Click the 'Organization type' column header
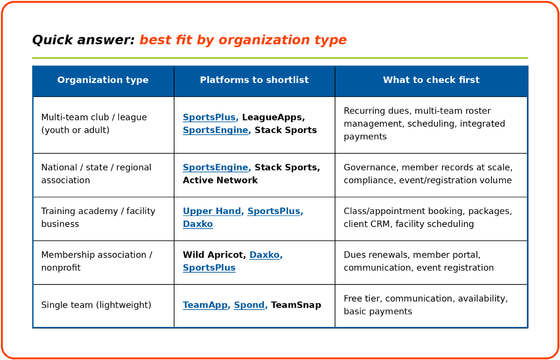pyautogui.click(x=103, y=80)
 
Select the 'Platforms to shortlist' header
pyautogui.click(x=254, y=80)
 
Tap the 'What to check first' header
pyautogui.click(x=431, y=80)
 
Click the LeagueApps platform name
pyautogui.click(x=273, y=117)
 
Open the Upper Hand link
pyautogui.click(x=212, y=211)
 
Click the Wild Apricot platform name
pyautogui.click(x=213, y=255)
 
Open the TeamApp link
pyautogui.click(x=205, y=305)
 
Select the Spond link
pyautogui.click(x=249, y=305)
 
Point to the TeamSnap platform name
pyautogui.click(x=296, y=305)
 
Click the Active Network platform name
pyautogui.click(x=220, y=180)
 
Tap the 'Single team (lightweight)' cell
pyautogui.click(x=96, y=305)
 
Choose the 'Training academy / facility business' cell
pyautogui.click(x=98, y=217)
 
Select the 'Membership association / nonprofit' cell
pyautogui.click(x=97, y=261)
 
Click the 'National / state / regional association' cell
pyautogui.click(x=96, y=173)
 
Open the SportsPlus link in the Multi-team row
pyautogui.click(x=209, y=117)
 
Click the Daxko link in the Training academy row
pyautogui.click(x=198, y=224)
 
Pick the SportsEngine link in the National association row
pyautogui.click(x=215, y=167)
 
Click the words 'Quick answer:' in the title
pyautogui.click(x=84, y=40)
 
